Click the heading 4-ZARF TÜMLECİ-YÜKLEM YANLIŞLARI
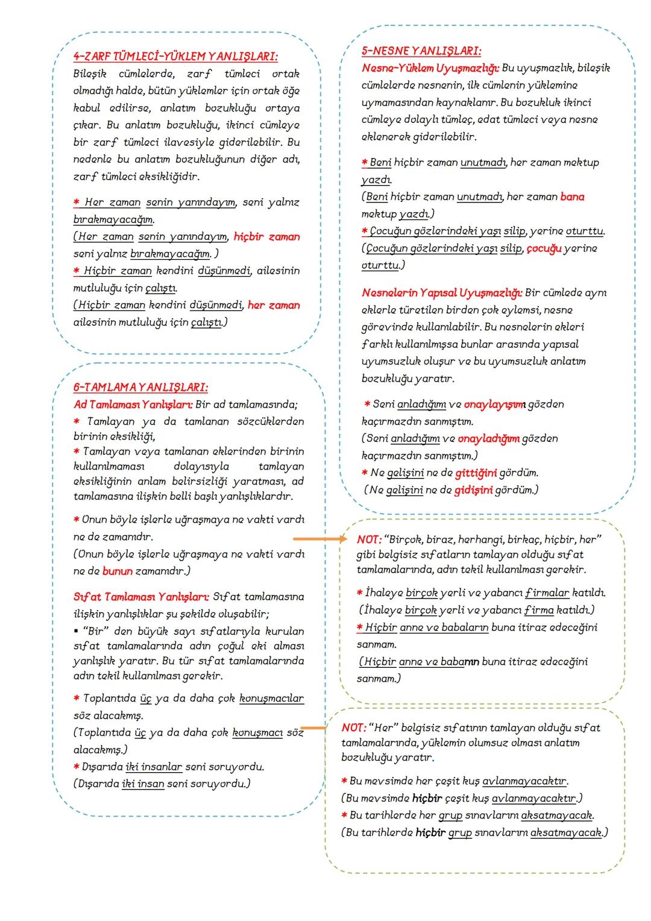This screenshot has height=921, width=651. tap(175, 56)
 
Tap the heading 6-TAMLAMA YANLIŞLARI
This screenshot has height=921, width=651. tap(141, 387)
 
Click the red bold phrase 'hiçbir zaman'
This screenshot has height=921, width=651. tap(266, 237)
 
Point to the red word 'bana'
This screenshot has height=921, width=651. tap(572, 196)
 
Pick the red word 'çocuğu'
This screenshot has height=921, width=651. tap(544, 248)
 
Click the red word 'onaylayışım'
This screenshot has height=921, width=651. tap(495, 404)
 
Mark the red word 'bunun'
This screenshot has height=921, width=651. tap(117, 571)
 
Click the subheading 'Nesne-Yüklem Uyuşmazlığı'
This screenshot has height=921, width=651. tap(430, 68)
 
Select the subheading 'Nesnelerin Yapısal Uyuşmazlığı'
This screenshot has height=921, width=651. tap(442, 293)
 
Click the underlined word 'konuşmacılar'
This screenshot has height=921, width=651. tap(271, 699)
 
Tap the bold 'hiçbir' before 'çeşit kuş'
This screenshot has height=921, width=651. tap(427, 798)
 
